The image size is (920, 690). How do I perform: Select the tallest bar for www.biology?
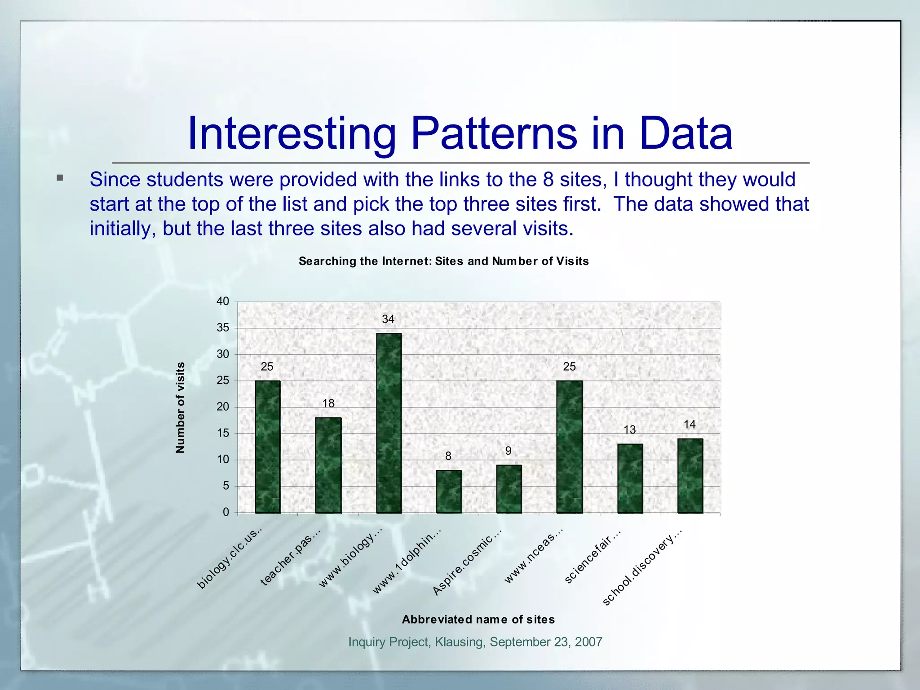click(389, 422)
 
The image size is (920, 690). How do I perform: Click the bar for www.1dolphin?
click(449, 491)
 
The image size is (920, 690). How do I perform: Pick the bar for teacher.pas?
click(328, 465)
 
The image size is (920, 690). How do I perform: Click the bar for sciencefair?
click(630, 478)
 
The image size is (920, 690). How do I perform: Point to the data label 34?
click(388, 319)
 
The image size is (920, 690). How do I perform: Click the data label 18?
click(328, 403)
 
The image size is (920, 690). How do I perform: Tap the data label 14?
click(690, 425)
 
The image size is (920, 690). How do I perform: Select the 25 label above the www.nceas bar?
click(569, 367)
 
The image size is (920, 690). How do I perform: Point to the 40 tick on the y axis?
click(223, 301)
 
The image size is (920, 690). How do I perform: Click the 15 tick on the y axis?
click(223, 433)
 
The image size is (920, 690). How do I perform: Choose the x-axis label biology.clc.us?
click(230, 559)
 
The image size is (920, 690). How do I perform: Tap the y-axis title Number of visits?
click(180, 407)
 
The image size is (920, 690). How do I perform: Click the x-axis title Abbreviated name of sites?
click(478, 619)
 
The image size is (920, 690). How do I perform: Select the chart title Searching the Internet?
click(443, 261)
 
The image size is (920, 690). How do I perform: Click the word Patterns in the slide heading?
click(494, 133)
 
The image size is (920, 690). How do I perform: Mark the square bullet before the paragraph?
click(60, 178)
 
